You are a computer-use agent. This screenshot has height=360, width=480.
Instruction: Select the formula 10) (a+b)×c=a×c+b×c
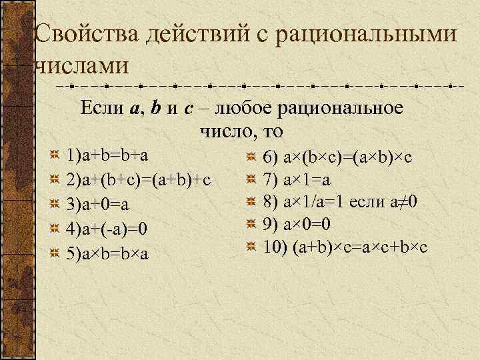[x=345, y=247]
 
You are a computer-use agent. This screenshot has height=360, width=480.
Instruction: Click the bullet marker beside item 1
[x=55, y=156]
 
